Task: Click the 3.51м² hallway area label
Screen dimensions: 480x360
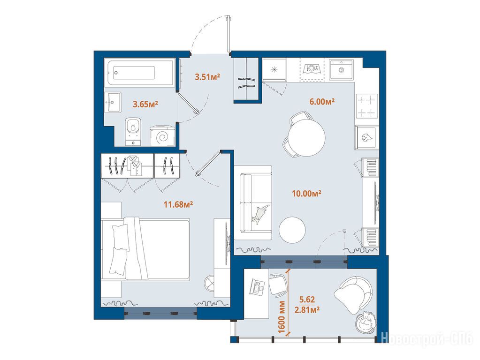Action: click(x=207, y=76)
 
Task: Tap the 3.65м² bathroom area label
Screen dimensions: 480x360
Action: click(x=145, y=105)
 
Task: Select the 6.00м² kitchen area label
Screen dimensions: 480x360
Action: click(x=322, y=102)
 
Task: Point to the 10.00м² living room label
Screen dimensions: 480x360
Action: click(x=307, y=193)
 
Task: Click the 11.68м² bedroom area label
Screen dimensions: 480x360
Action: click(x=178, y=204)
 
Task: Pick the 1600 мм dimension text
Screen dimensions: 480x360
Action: click(x=282, y=317)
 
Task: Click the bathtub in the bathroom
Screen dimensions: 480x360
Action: click(x=140, y=73)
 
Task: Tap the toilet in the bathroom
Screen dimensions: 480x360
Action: click(x=133, y=131)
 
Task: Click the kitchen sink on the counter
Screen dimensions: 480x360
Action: click(x=341, y=70)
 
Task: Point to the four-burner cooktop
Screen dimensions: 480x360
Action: click(x=367, y=106)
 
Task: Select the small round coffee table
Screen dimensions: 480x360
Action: click(x=292, y=230)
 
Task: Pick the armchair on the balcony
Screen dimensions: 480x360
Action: click(x=354, y=295)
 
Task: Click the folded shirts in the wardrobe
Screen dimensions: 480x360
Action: click(x=135, y=165)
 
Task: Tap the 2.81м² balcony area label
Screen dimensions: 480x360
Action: click(x=307, y=310)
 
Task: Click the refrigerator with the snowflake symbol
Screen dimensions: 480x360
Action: click(x=274, y=70)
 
